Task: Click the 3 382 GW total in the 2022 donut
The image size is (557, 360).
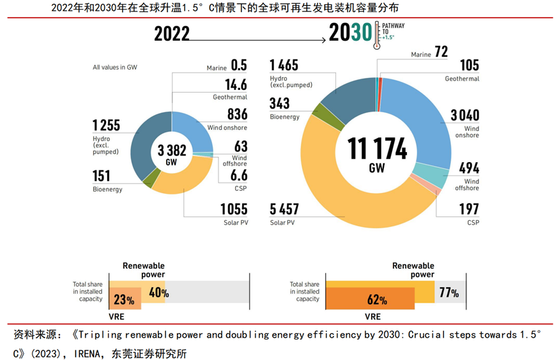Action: click(x=172, y=153)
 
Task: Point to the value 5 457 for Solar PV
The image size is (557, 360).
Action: click(x=285, y=209)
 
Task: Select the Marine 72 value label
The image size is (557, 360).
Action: click(x=441, y=52)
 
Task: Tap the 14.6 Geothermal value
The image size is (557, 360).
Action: click(x=235, y=86)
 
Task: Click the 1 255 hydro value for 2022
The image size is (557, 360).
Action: click(x=106, y=126)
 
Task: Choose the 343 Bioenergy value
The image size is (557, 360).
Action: click(x=280, y=104)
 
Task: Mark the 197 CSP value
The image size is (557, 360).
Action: click(x=469, y=209)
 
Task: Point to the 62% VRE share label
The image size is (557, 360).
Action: click(x=377, y=299)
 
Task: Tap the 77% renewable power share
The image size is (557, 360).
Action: click(x=448, y=293)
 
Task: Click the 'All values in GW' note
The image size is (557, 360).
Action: click(x=115, y=67)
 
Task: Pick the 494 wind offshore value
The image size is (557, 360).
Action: click(x=469, y=168)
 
